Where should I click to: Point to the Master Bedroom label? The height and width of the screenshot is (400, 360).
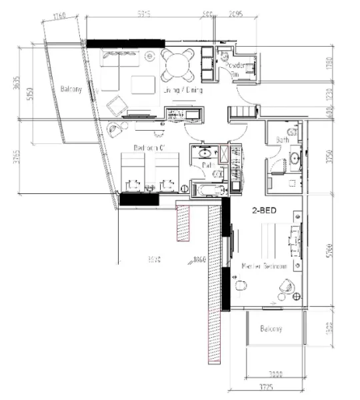[264, 266]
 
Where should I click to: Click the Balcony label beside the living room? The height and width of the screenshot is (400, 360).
[71, 89]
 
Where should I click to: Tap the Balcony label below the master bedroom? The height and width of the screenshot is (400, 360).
[271, 329]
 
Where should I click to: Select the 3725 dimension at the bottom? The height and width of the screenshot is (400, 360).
[266, 387]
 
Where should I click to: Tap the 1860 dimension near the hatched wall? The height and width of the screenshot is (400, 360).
[199, 259]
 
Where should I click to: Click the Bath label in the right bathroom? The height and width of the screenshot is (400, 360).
[282, 140]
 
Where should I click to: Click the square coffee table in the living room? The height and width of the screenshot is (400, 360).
[141, 85]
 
